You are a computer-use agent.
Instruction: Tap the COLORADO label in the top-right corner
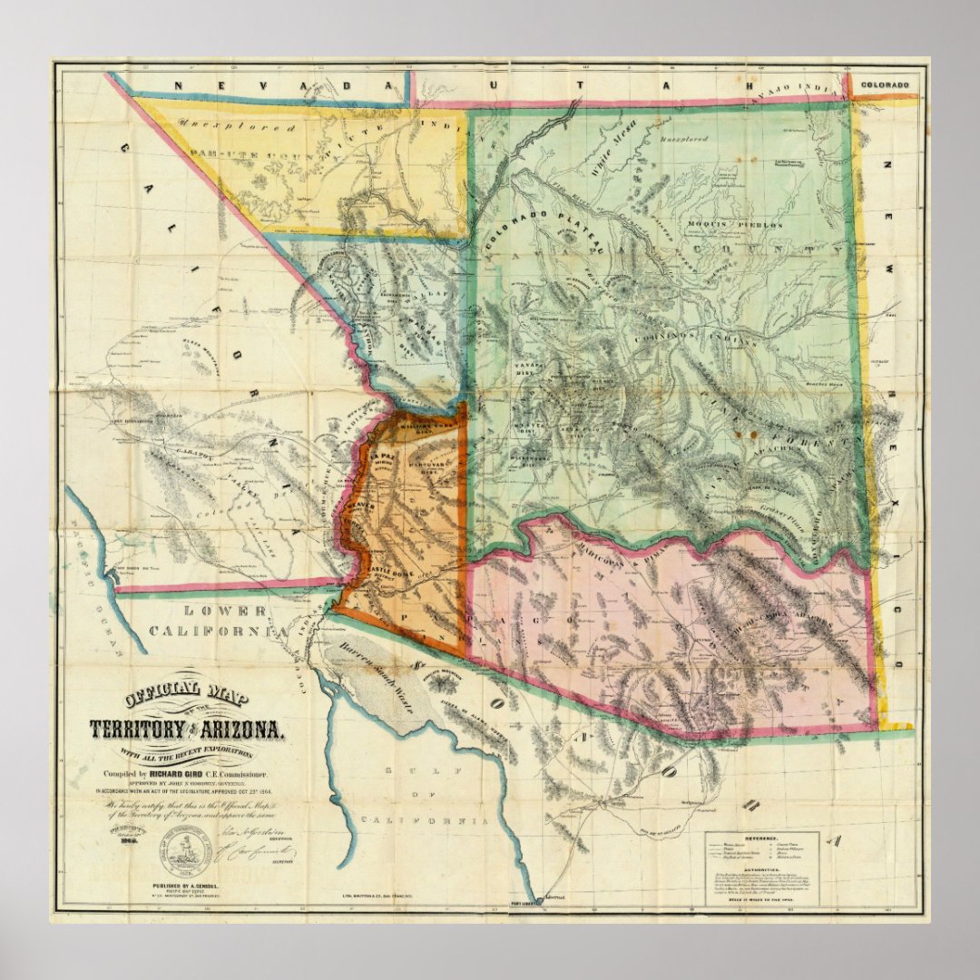885,85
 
